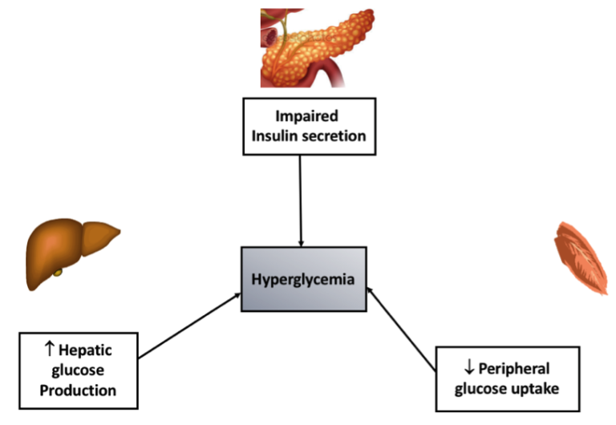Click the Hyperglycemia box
tap(304, 279)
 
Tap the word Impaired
tap(306, 116)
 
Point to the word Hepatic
tap(85, 350)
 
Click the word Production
tap(78, 391)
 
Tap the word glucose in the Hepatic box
tap(78, 370)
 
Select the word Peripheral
tap(514, 369)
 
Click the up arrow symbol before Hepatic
tap(49, 349)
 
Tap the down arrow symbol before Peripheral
tap(469, 368)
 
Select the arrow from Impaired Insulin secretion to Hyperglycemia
tap(301, 200)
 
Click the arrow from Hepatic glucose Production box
tap(189, 326)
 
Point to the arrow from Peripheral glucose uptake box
tap(401, 329)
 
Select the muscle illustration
tap(582, 257)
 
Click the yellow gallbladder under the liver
tap(58, 272)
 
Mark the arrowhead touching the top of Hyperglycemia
tap(301, 243)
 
